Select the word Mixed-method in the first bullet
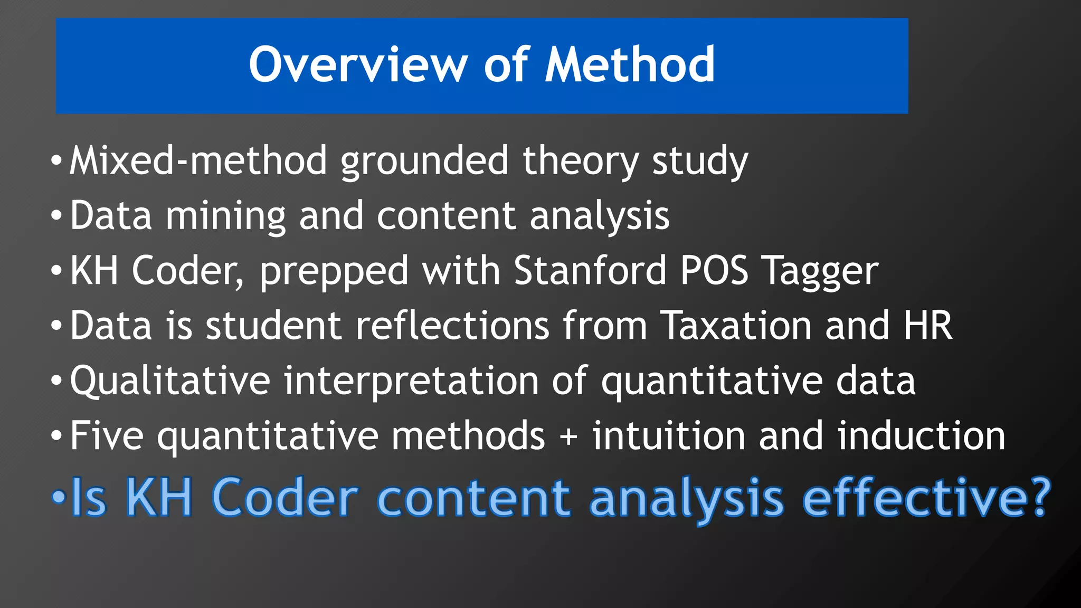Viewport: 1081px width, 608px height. [198, 160]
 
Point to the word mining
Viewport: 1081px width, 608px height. [225, 216]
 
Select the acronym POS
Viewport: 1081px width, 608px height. [714, 270]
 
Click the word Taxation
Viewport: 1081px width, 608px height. [736, 325]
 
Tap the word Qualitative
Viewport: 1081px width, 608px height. [170, 381]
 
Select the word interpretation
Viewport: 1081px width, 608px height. [411, 382]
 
